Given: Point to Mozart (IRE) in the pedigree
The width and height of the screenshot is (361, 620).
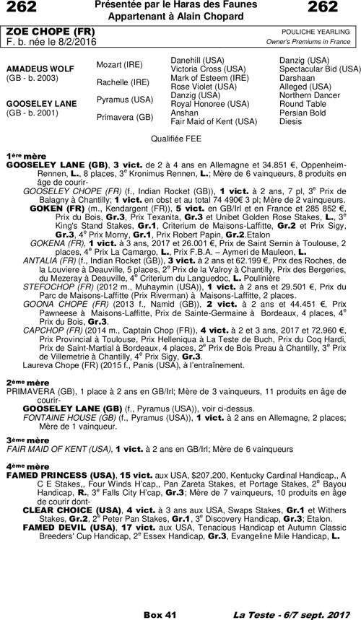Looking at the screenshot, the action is tap(119, 65).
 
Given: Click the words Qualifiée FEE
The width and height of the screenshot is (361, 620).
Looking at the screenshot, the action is tap(179, 136).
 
